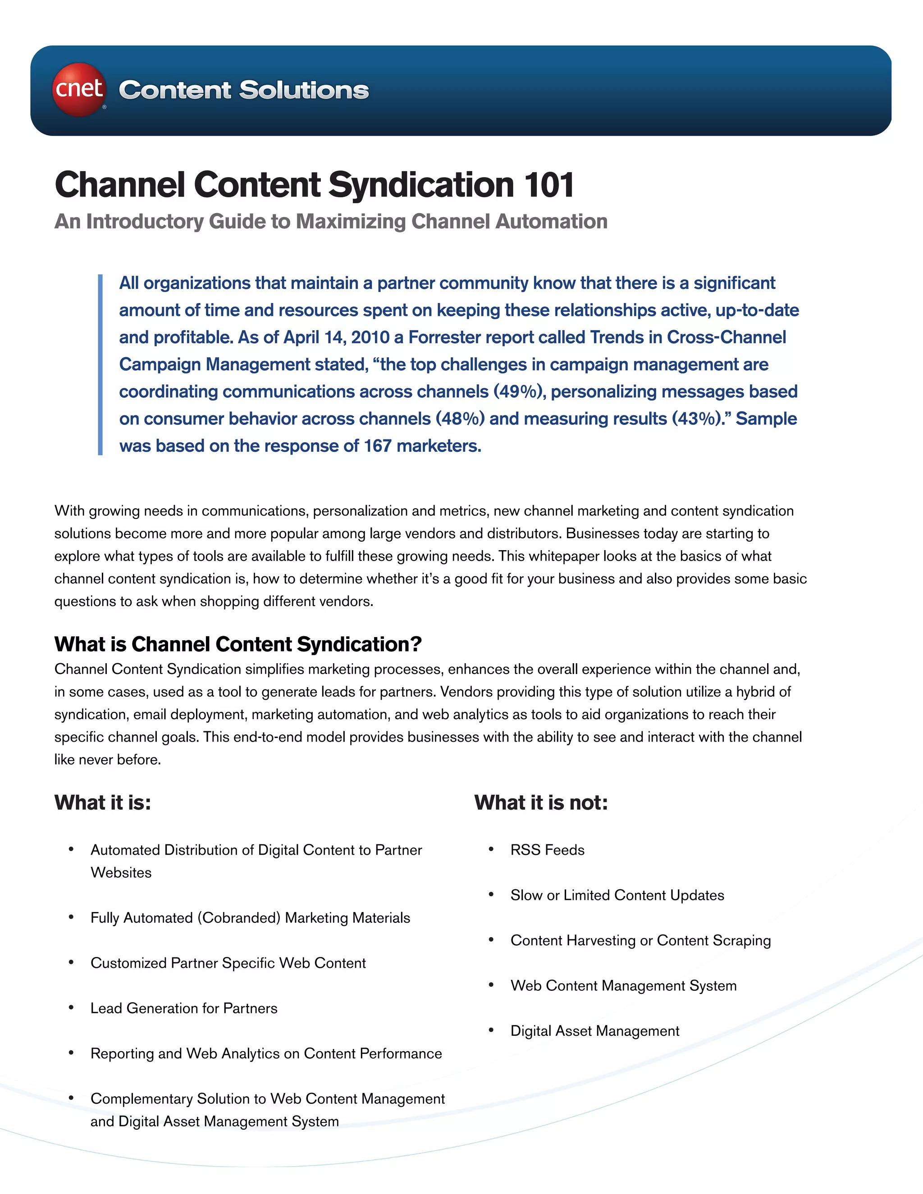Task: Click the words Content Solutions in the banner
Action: click(x=244, y=90)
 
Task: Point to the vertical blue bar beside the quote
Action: click(x=101, y=365)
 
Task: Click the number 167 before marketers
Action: click(x=377, y=446)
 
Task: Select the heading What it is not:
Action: click(x=541, y=802)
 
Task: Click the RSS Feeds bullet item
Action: click(x=547, y=850)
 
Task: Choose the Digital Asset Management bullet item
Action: click(x=594, y=1030)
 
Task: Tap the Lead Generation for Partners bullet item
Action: click(x=184, y=1008)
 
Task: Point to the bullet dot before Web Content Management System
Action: click(x=492, y=985)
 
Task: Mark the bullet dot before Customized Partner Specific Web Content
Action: click(x=71, y=962)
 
